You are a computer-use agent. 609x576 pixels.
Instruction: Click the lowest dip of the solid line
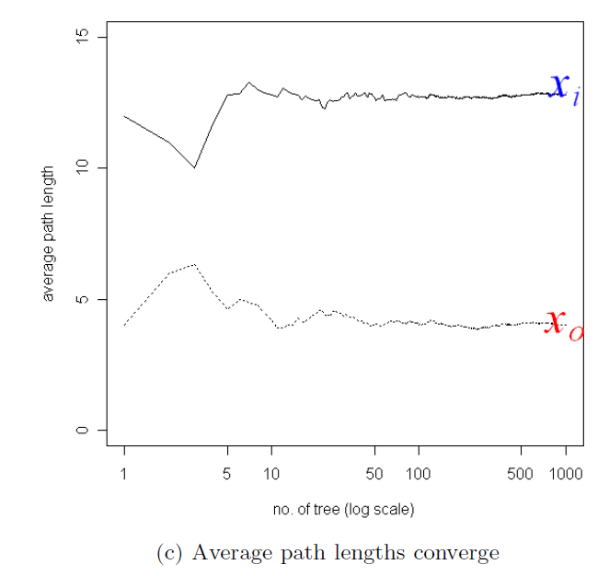[194, 167]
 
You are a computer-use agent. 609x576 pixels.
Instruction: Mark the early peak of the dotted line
[193, 265]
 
